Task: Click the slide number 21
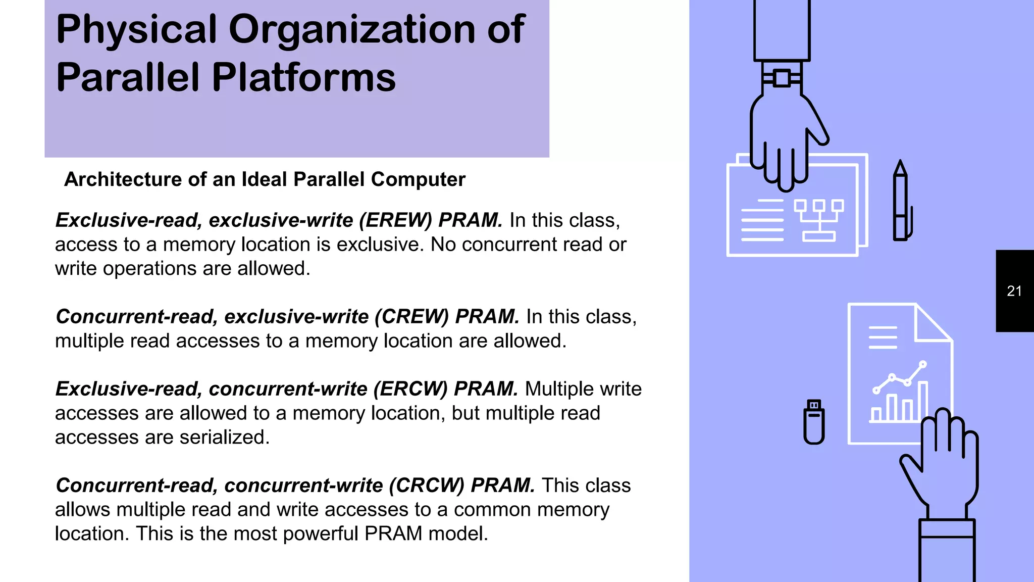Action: pos(1014,291)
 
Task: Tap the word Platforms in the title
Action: pos(303,78)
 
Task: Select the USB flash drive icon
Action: pos(813,422)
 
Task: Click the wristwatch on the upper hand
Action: pos(781,78)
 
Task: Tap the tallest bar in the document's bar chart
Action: pos(922,402)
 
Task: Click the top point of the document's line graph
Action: pos(923,364)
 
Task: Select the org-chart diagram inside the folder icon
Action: pos(818,220)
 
